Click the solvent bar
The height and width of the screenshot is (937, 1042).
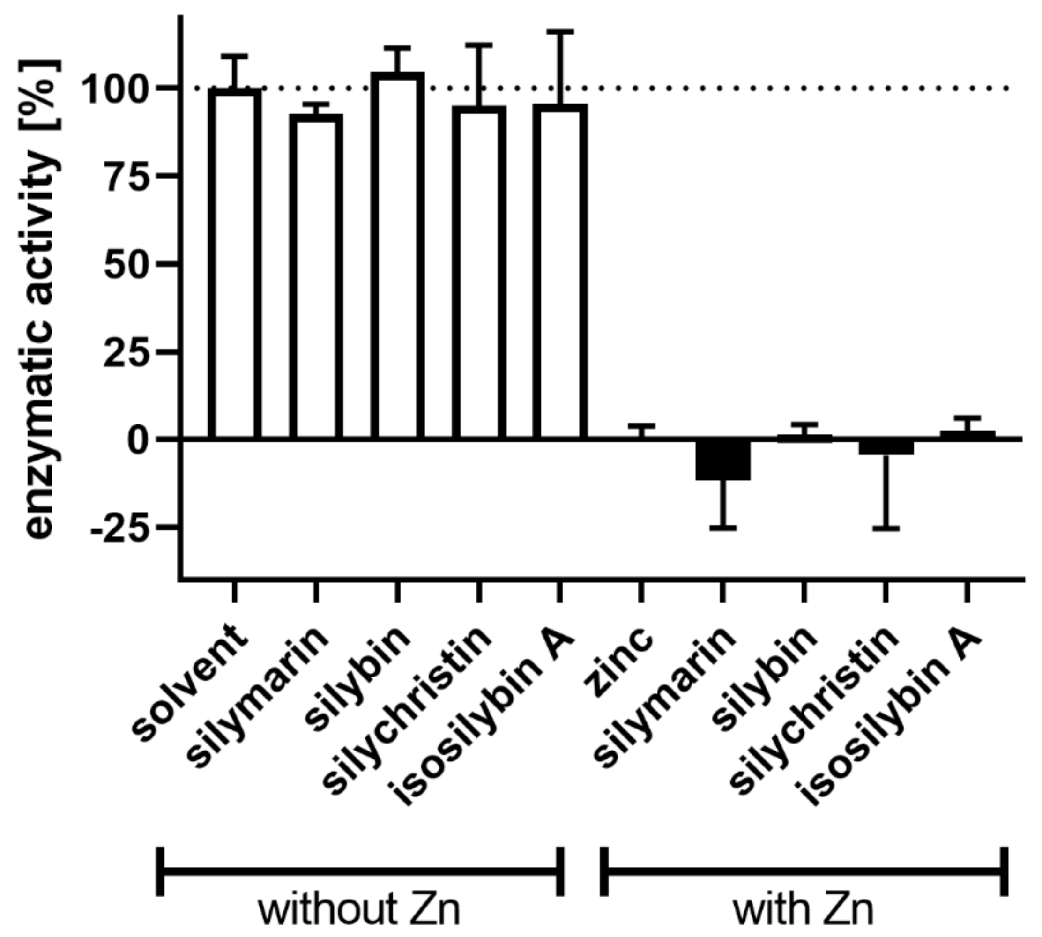(234, 264)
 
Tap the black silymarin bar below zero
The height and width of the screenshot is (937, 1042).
(722, 460)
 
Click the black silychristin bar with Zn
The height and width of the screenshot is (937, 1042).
(886, 447)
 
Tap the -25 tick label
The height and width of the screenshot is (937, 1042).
(120, 528)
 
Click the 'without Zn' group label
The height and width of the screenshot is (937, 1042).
(359, 910)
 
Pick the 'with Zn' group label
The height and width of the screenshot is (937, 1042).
(803, 910)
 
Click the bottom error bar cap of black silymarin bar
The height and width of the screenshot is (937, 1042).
(722, 528)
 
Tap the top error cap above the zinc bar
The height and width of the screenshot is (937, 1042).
(641, 426)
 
